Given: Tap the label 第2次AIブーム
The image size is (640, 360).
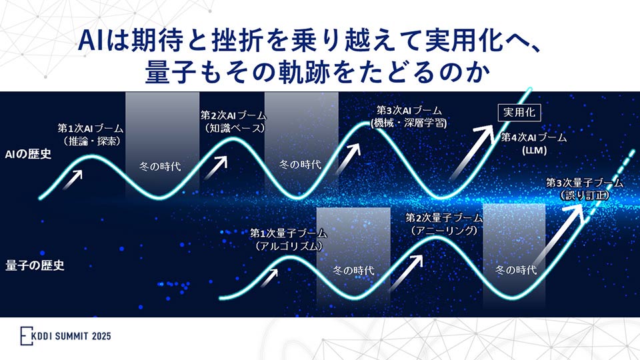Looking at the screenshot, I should tap(232, 115).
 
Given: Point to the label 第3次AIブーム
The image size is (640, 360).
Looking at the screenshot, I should tap(409, 111).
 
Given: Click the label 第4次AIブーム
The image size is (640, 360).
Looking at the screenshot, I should tap(534, 138).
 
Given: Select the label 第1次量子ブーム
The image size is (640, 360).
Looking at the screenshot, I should tap(289, 233).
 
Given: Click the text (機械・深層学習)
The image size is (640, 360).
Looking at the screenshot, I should tap(409, 123).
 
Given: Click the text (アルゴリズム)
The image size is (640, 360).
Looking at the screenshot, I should tap(289, 246).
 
